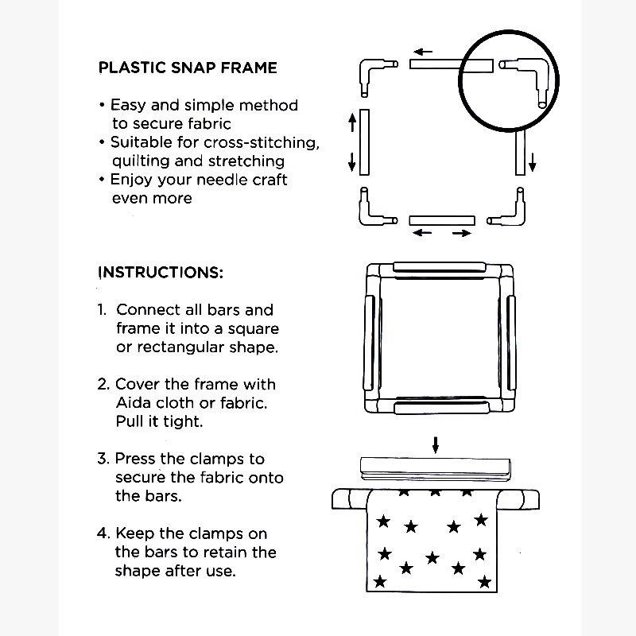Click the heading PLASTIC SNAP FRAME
click(188, 68)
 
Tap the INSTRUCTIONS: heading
click(161, 272)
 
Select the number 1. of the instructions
click(103, 310)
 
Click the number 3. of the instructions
click(103, 459)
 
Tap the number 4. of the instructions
click(103, 533)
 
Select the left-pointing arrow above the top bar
click(423, 52)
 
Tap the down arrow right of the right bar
click(532, 163)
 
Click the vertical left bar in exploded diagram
click(364, 143)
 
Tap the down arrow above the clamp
click(435, 444)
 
